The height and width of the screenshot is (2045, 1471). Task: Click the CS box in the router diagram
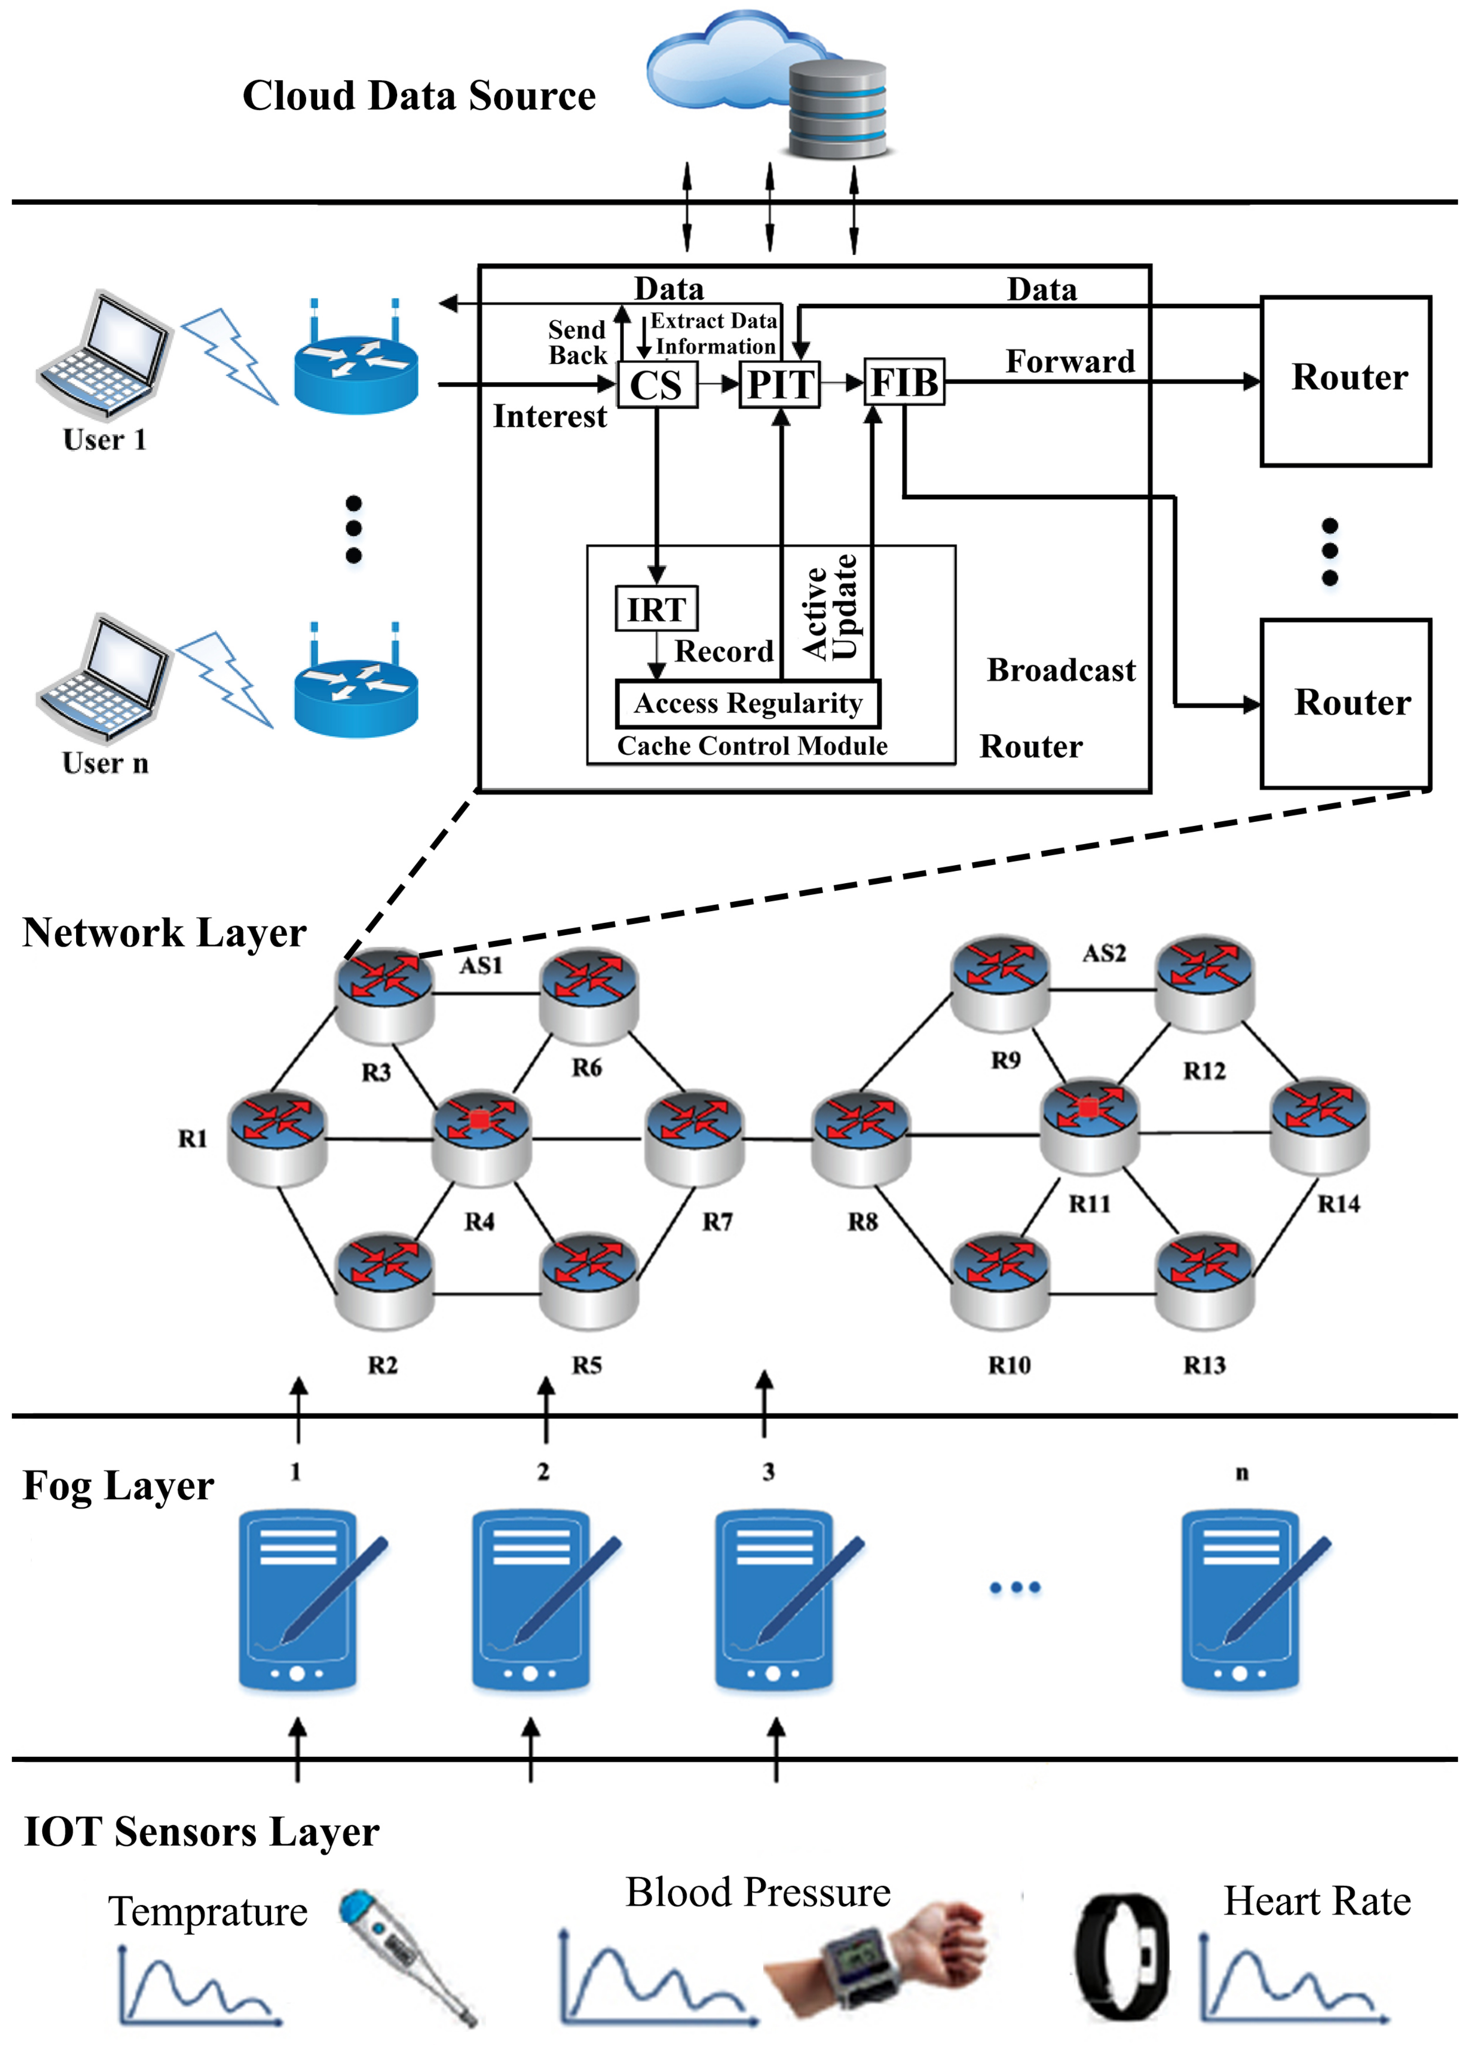click(x=657, y=385)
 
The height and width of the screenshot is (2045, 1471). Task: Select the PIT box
click(x=780, y=385)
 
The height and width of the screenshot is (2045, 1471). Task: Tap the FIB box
click(x=904, y=383)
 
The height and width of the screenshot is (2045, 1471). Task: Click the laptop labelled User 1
click(x=103, y=356)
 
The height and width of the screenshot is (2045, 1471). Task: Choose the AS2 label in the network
click(x=1104, y=953)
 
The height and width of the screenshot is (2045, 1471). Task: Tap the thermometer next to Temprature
click(x=407, y=1957)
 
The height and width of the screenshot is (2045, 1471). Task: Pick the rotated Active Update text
click(x=829, y=607)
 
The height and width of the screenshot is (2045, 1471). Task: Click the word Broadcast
click(x=1061, y=670)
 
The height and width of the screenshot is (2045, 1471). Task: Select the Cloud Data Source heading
click(x=419, y=96)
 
